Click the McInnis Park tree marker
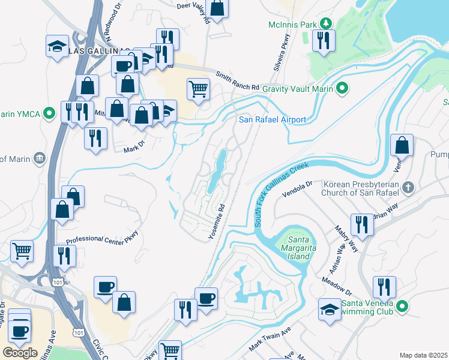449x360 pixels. click(326, 24)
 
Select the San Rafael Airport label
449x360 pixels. click(273, 119)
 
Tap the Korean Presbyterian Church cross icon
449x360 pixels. click(408, 187)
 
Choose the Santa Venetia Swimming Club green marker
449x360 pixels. click(402, 307)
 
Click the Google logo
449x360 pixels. click(20, 352)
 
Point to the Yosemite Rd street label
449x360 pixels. click(217, 221)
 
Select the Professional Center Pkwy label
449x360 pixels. click(102, 238)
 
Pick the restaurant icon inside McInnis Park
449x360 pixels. click(324, 41)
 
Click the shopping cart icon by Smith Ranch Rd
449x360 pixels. click(198, 89)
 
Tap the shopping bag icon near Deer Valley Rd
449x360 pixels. click(217, 8)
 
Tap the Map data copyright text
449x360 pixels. click(424, 355)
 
